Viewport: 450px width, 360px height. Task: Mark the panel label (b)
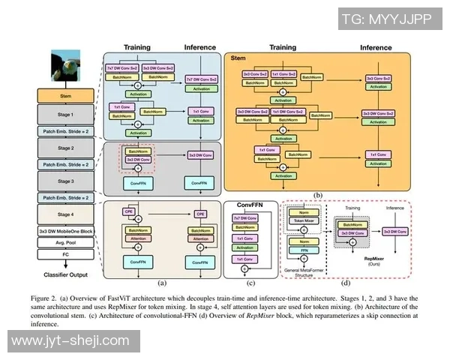pyautogui.click(x=318, y=195)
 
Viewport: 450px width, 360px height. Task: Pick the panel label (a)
pyautogui.click(x=161, y=283)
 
